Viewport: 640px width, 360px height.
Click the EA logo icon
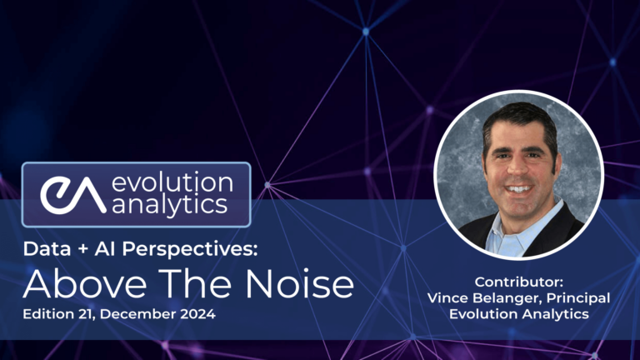72,195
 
